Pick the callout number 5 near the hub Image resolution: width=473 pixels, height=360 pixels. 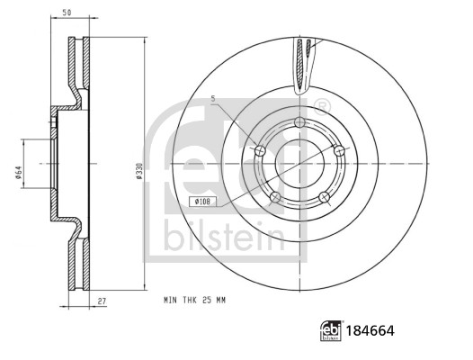coord(212,98)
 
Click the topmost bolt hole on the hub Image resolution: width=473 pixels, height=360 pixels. coord(299,123)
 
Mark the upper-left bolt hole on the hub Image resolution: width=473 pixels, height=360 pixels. coord(261,150)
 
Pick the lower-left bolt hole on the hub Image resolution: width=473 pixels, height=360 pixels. coord(275,197)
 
